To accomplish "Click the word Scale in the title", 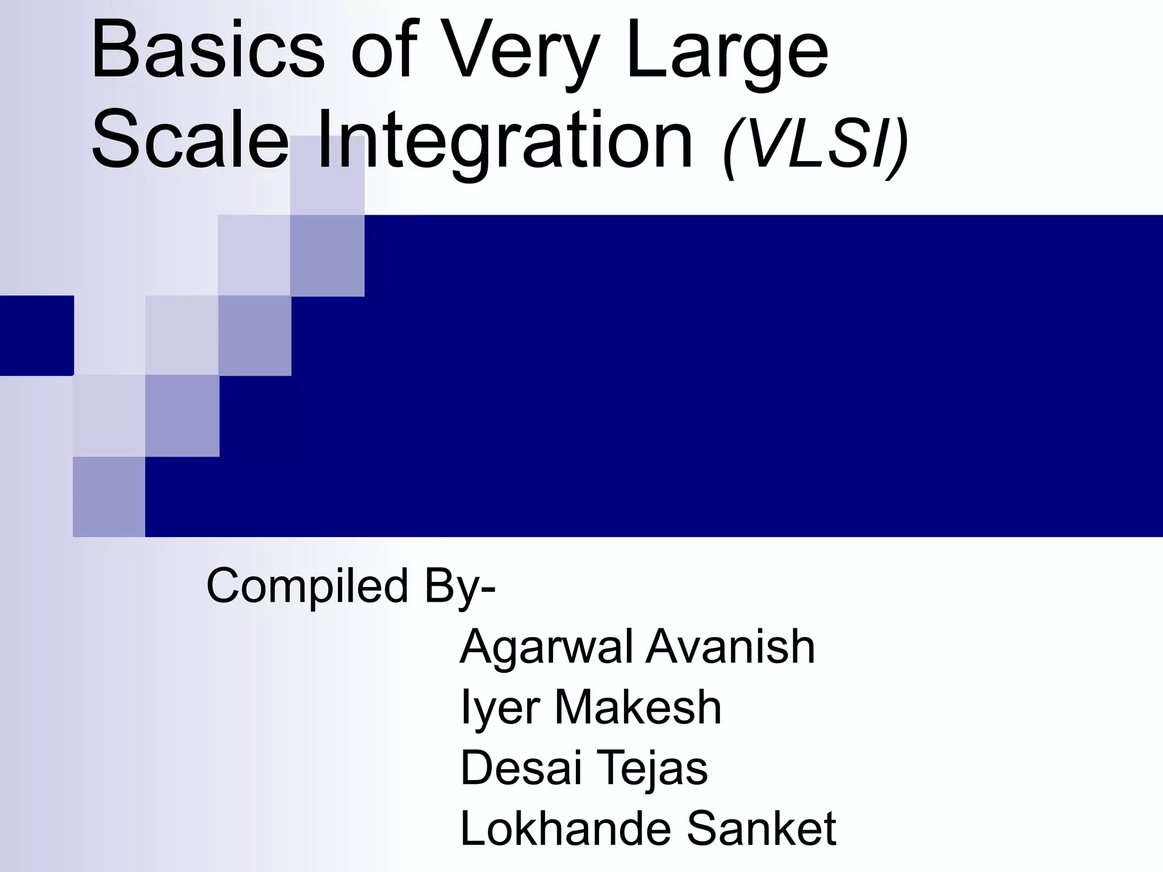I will pyautogui.click(x=190, y=140).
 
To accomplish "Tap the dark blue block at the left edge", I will pyautogui.click(x=36, y=335).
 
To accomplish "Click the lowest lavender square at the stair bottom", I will pyautogui.click(x=109, y=496).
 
